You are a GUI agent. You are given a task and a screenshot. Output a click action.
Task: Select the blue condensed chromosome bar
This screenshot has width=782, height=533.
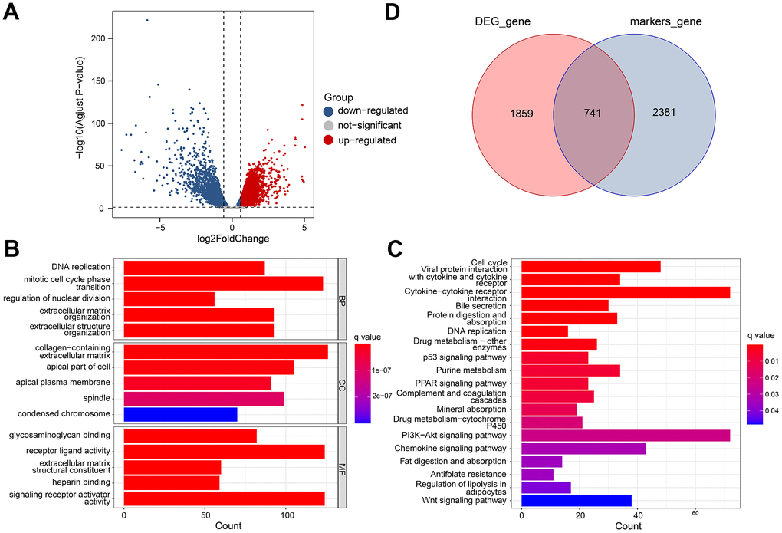coord(180,415)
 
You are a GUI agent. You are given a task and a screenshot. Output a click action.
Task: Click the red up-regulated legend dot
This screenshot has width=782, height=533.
coord(329,140)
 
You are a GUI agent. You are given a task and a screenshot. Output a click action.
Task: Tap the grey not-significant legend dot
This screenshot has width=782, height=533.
coord(329,125)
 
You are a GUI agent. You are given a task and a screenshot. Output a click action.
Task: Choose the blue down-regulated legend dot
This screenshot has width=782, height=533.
coord(329,110)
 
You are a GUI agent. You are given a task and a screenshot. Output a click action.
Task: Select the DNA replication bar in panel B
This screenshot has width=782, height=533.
coord(194,268)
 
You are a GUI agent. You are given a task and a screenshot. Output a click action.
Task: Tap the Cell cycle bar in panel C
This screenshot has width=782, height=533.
coord(590,266)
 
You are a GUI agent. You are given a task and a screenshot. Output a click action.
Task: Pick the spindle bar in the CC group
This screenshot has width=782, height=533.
coord(203,399)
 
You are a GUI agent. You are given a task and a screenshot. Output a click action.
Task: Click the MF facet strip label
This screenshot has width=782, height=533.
coord(343,467)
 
